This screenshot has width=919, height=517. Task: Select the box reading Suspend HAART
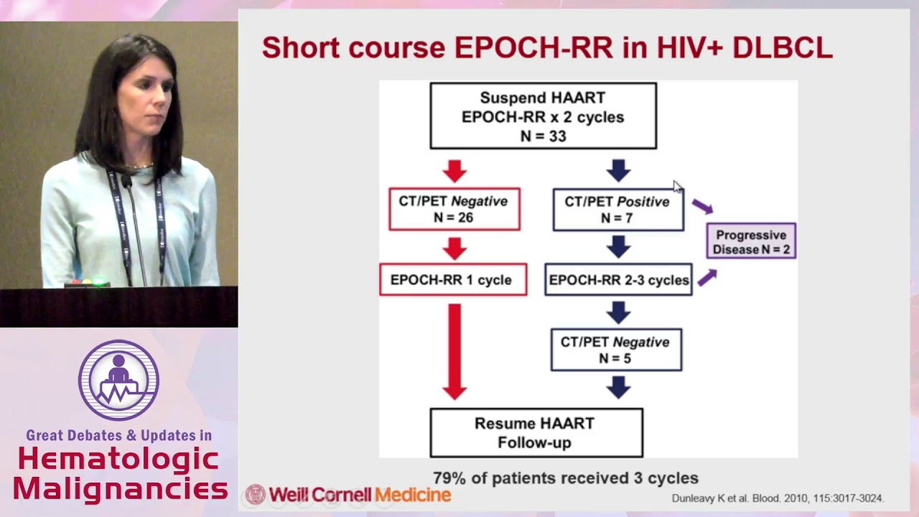point(543,116)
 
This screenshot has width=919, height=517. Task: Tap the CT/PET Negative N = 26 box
point(454,209)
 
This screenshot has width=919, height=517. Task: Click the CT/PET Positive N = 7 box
point(617,209)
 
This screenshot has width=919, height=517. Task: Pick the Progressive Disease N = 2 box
point(751,242)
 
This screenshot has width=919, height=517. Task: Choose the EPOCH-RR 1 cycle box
point(452,280)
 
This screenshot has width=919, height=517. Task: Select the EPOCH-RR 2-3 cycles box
point(618,280)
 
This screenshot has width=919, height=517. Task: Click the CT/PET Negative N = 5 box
point(616,350)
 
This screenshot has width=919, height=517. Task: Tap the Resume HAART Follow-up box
point(536,433)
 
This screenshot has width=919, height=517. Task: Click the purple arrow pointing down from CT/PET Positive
point(703,207)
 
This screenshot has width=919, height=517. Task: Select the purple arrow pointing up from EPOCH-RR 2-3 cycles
point(706,277)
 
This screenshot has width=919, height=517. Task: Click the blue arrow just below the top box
point(618,171)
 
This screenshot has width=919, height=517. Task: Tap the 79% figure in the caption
point(448,478)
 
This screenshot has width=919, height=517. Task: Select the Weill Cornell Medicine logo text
point(359,495)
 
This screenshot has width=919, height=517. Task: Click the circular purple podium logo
point(118,380)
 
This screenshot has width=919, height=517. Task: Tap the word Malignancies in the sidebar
point(120,490)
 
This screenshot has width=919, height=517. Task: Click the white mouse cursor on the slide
point(677,187)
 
